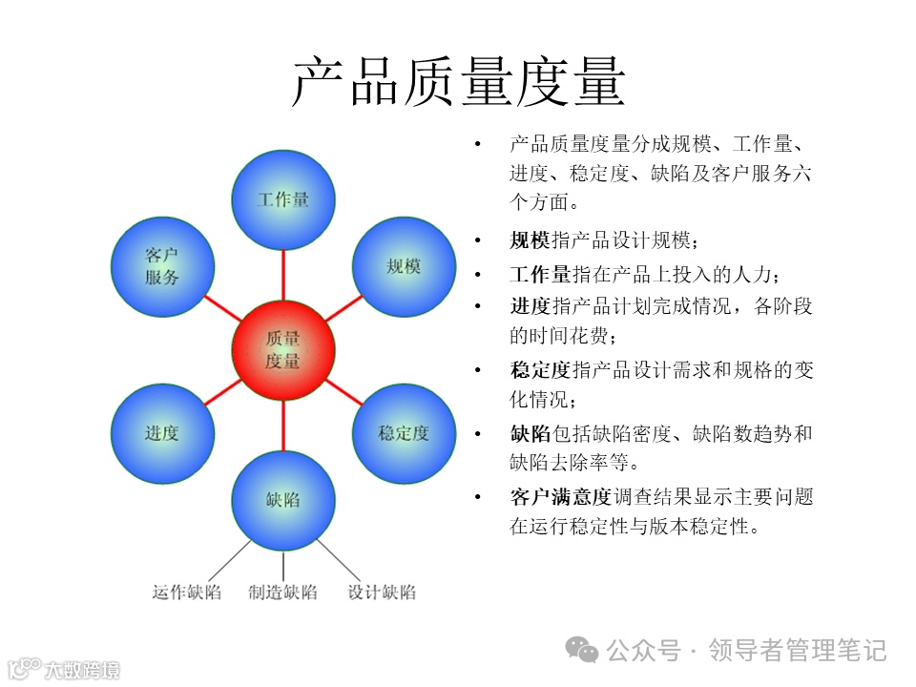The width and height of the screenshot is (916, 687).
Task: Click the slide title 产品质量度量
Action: pyautogui.click(x=458, y=81)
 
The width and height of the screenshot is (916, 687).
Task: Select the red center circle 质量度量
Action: pyautogui.click(x=282, y=350)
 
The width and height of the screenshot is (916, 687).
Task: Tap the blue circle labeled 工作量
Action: pyautogui.click(x=282, y=198)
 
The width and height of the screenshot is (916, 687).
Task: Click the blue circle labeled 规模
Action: pyautogui.click(x=404, y=266)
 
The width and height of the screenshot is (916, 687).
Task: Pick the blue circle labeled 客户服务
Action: pyautogui.click(x=161, y=266)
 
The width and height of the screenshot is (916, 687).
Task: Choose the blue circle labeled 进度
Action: pyautogui.click(x=161, y=433)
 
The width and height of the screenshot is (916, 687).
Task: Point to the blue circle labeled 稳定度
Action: pyautogui.click(x=404, y=433)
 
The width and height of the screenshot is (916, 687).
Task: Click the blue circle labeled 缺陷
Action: pyautogui.click(x=282, y=500)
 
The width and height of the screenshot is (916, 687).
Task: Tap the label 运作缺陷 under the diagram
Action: pyautogui.click(x=187, y=592)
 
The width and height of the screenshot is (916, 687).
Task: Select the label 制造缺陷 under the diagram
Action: pyautogui.click(x=282, y=592)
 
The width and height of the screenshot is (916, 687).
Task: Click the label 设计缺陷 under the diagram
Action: pyautogui.click(x=382, y=592)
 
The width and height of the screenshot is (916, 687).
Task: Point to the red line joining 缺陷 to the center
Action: pyautogui.click(x=282, y=425)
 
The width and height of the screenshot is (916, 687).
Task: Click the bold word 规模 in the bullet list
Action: pyautogui.click(x=530, y=240)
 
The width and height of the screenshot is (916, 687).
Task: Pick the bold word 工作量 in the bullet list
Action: pyautogui.click(x=540, y=275)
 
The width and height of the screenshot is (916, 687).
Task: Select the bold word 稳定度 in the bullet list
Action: pyautogui.click(x=540, y=370)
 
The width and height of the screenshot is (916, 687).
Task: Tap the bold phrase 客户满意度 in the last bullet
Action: pyautogui.click(x=560, y=496)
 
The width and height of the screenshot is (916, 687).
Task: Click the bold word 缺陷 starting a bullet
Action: pyautogui.click(x=530, y=434)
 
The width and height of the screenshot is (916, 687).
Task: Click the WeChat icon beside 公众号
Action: pyautogui.click(x=583, y=650)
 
